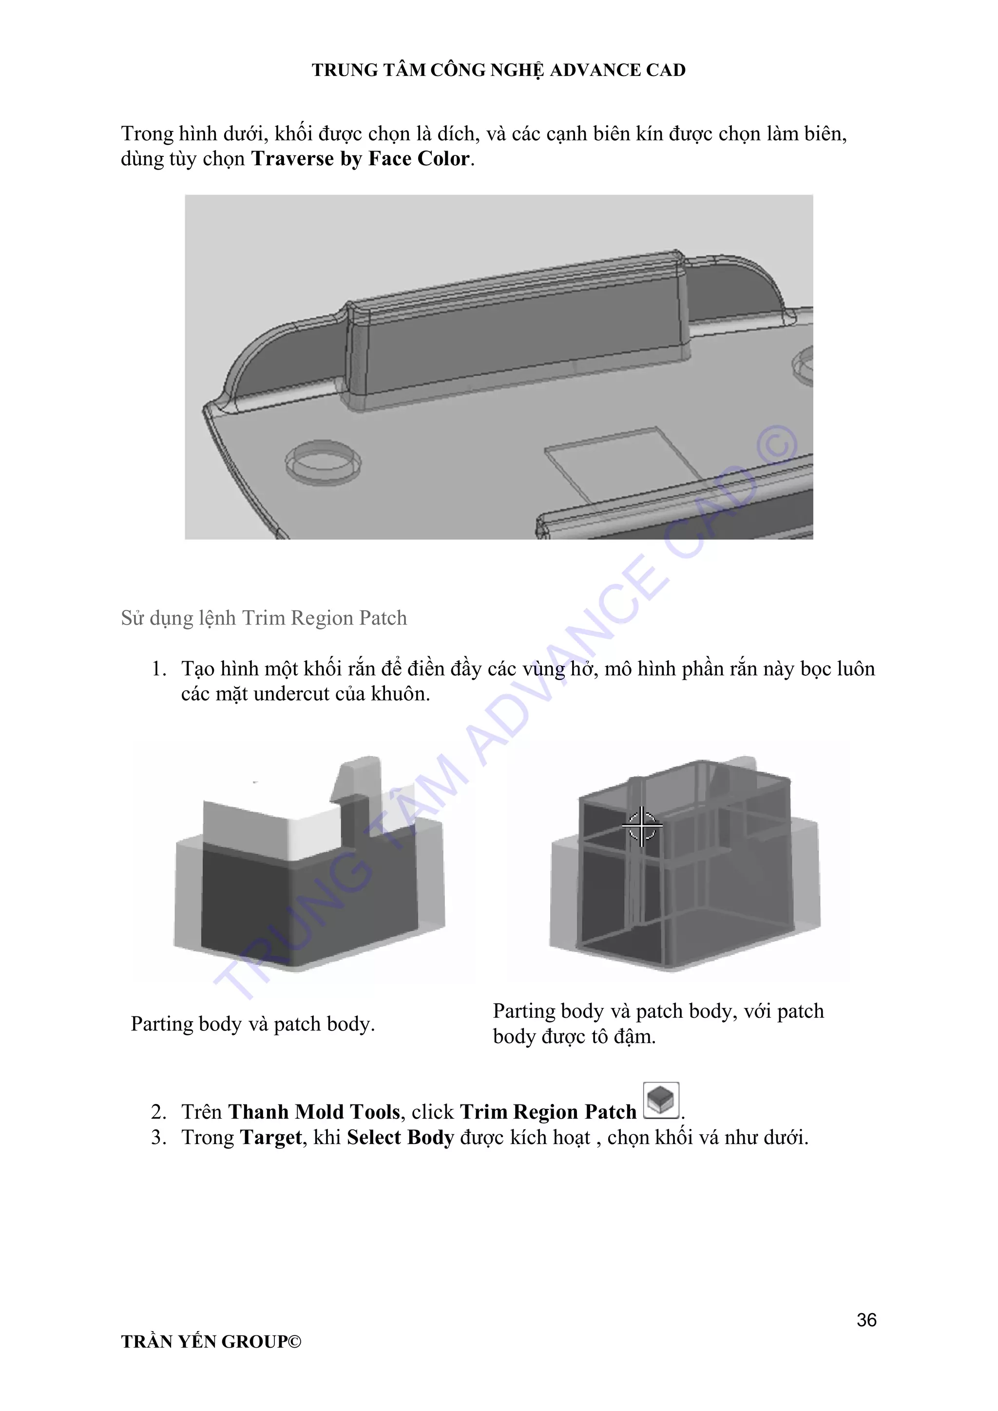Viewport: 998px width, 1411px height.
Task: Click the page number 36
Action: click(x=866, y=1319)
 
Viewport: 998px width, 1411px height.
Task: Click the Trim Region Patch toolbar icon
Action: click(x=661, y=1100)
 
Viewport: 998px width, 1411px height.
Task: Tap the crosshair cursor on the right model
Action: click(x=641, y=826)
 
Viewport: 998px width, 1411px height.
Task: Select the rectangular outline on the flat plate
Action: click(x=624, y=463)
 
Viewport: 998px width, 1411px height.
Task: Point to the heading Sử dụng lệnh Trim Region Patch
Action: click(x=264, y=618)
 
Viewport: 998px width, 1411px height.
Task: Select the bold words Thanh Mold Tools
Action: click(x=314, y=1112)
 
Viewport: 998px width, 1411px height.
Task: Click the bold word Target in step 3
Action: click(x=271, y=1138)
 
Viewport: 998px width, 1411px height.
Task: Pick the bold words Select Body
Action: click(x=400, y=1138)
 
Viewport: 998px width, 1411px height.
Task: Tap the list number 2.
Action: click(x=158, y=1112)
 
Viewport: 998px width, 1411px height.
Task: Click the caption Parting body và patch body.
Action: click(x=252, y=1024)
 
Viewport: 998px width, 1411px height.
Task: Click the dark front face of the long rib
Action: click(x=522, y=344)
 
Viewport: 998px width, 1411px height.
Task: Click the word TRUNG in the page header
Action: click(x=345, y=70)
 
